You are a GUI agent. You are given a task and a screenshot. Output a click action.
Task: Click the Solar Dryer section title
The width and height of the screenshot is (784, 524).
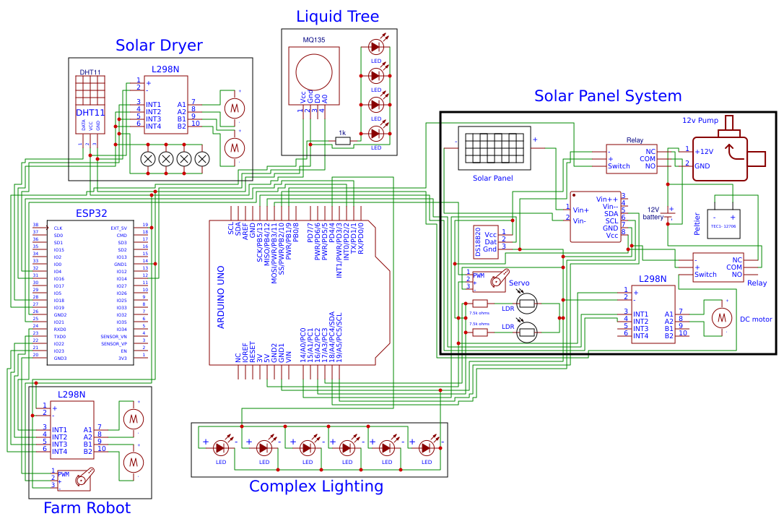pos(159,46)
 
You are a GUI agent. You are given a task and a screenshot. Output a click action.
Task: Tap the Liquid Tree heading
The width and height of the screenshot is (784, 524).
pos(337,16)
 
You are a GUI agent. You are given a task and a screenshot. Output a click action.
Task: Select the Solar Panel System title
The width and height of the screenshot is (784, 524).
pos(607,95)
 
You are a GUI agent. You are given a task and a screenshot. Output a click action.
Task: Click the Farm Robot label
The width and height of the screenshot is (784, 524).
pos(87,507)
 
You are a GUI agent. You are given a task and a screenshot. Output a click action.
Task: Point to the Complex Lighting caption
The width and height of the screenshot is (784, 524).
pos(316,486)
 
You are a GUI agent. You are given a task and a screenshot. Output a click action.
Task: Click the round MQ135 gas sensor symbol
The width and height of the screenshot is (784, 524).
pos(313,72)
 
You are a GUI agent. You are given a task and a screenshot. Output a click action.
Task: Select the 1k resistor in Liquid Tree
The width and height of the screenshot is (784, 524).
pos(343,142)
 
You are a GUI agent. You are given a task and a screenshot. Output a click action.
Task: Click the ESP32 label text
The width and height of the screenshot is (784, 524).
pos(91,213)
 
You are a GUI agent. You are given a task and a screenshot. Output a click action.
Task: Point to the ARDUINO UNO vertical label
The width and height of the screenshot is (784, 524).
pos(221,296)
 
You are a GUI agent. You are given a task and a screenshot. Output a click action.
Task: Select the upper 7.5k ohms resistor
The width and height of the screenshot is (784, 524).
pos(480,304)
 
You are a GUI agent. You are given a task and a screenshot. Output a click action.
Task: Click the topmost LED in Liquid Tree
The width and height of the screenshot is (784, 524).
pos(375,47)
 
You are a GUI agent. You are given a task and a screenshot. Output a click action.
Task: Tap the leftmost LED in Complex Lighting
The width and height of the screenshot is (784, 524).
pos(221,447)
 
